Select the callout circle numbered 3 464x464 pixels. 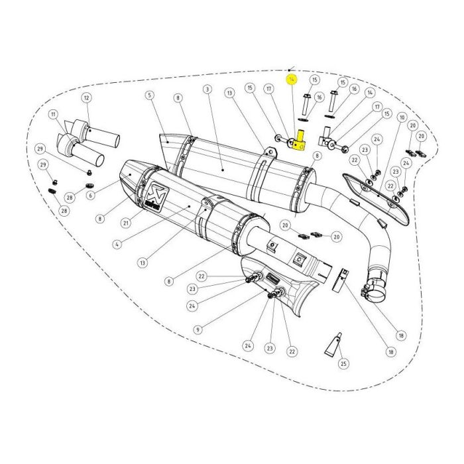[x=207, y=89]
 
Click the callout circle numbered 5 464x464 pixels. [x=150, y=95]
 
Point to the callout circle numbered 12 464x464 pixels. [x=86, y=98]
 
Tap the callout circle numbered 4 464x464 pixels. [x=117, y=244]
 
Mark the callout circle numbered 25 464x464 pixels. [x=343, y=363]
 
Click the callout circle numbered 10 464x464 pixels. [x=402, y=117]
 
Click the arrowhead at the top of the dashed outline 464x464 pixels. [x=293, y=68]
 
